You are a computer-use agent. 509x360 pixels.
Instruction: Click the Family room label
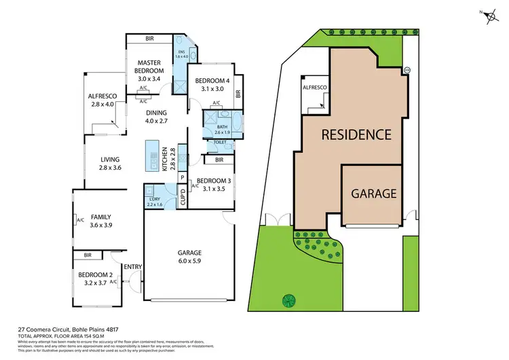pos(100,220)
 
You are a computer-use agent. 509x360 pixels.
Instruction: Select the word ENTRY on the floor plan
pos(132,266)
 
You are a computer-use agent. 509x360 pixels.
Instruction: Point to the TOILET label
pos(219,143)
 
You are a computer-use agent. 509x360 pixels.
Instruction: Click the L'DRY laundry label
pos(155,202)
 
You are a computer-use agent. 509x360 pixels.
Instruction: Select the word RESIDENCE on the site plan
pos(356,134)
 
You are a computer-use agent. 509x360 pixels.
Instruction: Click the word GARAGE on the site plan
pos(373,193)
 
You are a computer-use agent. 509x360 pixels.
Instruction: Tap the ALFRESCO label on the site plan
pos(314,89)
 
